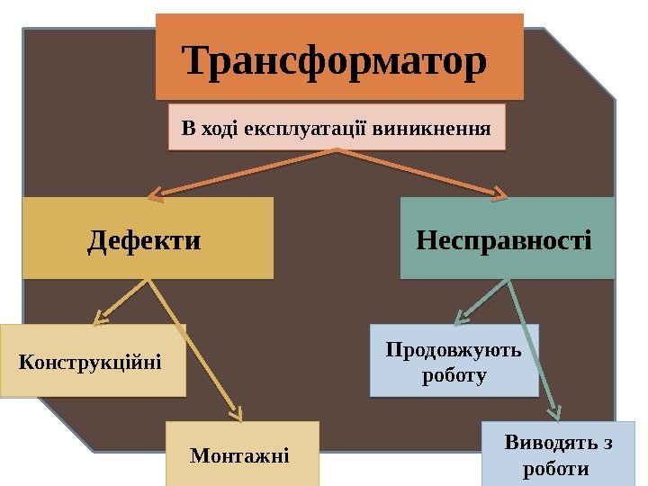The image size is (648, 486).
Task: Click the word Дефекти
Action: [x=144, y=240]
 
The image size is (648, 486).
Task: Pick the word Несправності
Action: [x=505, y=240]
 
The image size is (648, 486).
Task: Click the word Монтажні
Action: [x=240, y=455]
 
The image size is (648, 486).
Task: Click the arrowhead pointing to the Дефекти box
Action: [x=155, y=193]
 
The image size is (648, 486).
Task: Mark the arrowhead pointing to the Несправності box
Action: [x=501, y=193]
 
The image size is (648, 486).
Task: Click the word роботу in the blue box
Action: [x=454, y=376]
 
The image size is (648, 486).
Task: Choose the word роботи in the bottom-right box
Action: [x=555, y=469]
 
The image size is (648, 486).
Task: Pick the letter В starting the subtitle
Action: [x=187, y=128]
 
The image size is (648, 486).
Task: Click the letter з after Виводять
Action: [x=607, y=444]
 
